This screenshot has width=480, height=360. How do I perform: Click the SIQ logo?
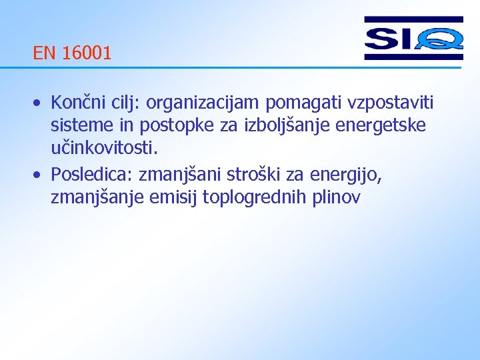[413, 39]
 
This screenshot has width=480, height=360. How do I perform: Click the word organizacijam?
[203, 104]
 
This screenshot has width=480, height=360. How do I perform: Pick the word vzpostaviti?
[389, 104]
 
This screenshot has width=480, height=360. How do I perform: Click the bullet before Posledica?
[39, 175]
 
